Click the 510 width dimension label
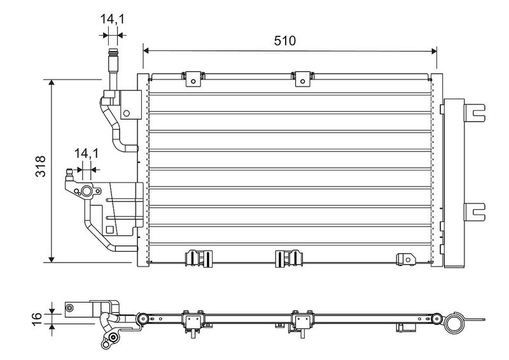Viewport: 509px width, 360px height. (285, 41)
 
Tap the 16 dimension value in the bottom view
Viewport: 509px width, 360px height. (38, 316)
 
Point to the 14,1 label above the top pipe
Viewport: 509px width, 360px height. (112, 19)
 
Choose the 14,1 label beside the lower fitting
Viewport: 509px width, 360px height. (86, 153)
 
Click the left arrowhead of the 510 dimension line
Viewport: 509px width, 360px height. (146, 50)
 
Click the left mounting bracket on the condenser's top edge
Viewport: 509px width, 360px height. (192, 78)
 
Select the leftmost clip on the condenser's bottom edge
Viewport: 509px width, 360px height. (197, 258)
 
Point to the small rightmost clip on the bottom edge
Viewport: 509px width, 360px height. (405, 258)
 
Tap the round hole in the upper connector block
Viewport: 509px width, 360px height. (127, 114)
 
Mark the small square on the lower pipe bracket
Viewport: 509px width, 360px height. (110, 230)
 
